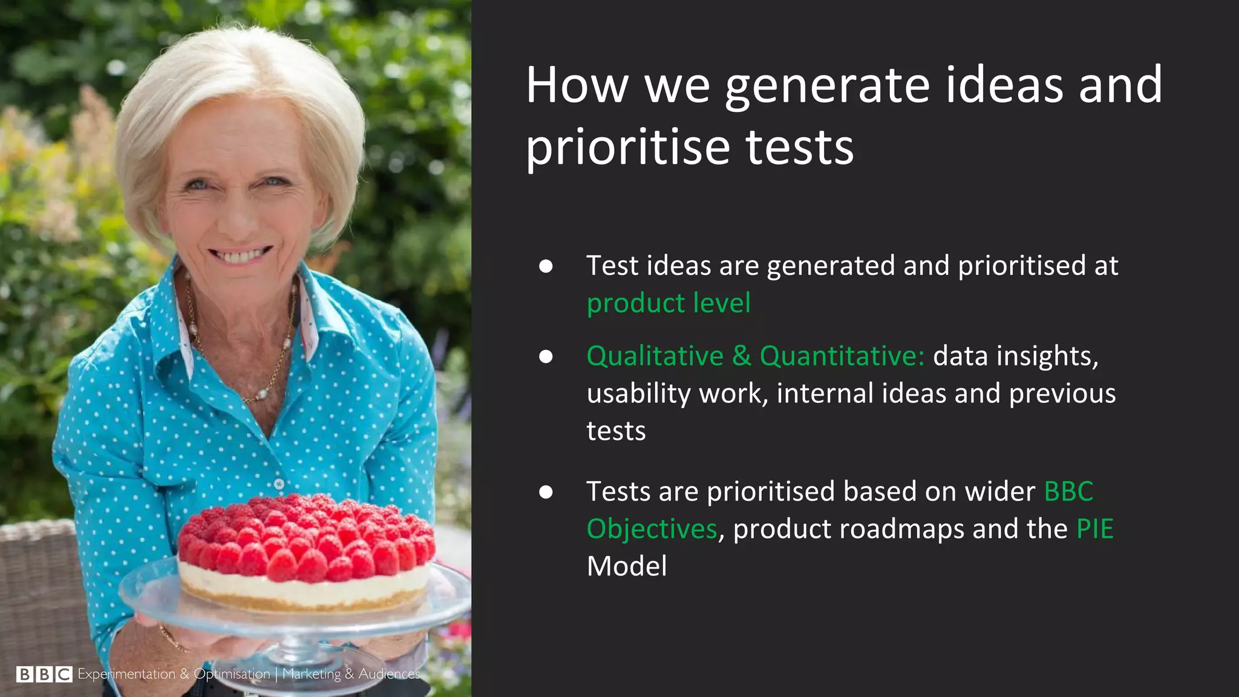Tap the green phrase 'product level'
669,303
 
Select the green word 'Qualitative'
655,356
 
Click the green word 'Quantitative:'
842,356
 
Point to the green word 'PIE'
1094,529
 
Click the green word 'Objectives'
652,529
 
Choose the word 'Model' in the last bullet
627,566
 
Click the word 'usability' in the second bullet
639,393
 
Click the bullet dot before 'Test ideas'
546,266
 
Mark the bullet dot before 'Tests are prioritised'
546,492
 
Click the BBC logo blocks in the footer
44,674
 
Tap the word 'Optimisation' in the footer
232,674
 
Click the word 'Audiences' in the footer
389,674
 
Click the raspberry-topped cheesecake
306,554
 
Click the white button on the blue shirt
278,484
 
